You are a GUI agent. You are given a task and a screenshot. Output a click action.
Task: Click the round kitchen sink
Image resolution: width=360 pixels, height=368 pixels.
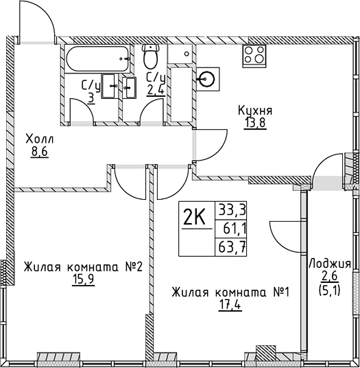point(208,79)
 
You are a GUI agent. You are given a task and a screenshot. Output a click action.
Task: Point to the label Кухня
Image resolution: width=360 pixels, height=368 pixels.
point(255,109)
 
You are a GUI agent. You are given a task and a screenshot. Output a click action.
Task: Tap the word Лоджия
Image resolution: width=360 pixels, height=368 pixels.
point(330,264)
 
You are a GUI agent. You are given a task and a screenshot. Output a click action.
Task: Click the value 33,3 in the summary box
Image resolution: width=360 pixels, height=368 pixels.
point(232,209)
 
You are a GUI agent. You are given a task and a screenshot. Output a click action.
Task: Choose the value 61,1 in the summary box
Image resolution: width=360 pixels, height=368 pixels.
point(232,227)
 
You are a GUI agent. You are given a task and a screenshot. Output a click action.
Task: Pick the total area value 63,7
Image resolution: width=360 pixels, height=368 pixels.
point(232,246)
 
